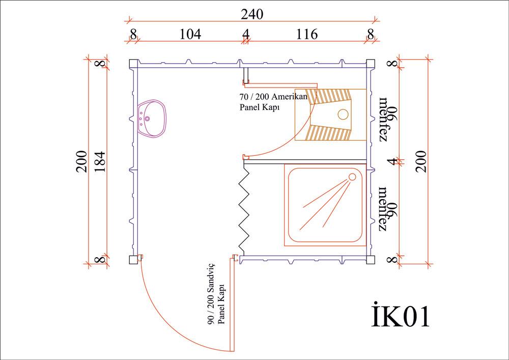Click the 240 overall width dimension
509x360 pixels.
[x=252, y=14]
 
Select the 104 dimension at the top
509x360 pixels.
[x=190, y=34]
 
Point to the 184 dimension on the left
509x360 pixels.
[x=99, y=161]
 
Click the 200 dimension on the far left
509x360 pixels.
[x=82, y=161]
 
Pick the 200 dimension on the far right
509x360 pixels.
[x=421, y=161]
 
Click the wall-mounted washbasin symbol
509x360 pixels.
[x=151, y=119]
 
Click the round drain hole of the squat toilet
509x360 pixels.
[x=343, y=114]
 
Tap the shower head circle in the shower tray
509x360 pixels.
[x=352, y=177]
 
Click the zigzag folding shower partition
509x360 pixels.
[x=245, y=209]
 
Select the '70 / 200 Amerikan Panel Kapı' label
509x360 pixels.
[x=273, y=102]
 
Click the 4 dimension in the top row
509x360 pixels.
[x=246, y=34]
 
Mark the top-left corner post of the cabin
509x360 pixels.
[x=134, y=64]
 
